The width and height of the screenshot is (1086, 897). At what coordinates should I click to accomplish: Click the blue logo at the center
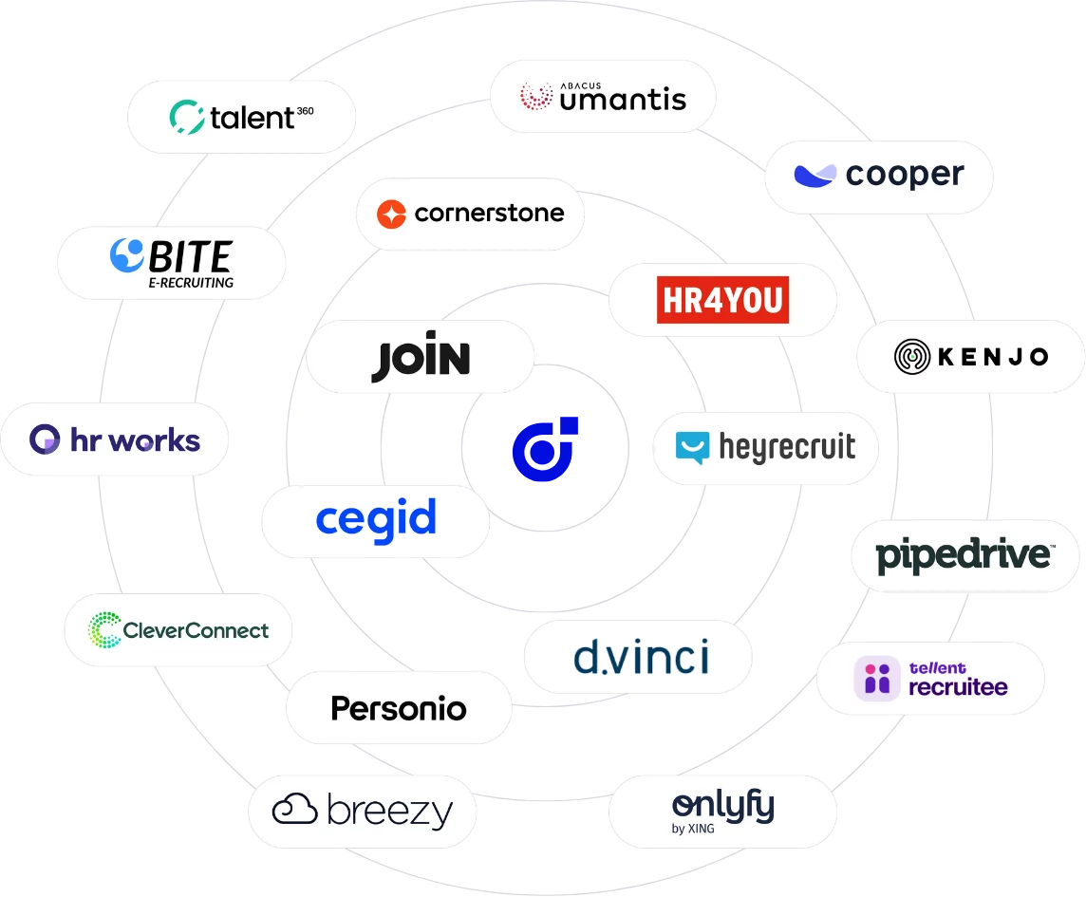[545, 449]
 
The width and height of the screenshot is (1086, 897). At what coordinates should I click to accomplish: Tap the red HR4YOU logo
[722, 300]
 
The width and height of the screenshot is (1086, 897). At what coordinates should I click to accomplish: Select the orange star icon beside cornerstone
[391, 214]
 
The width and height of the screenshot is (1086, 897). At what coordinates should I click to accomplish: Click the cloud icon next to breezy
[294, 809]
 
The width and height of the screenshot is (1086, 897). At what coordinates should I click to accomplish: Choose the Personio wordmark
[399, 709]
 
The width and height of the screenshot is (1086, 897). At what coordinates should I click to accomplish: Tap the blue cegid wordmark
[376, 520]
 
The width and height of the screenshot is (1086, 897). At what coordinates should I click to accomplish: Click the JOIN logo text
[421, 357]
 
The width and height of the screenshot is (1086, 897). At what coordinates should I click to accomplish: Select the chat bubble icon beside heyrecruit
[693, 447]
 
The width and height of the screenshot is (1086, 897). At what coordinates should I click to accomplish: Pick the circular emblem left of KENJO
[912, 357]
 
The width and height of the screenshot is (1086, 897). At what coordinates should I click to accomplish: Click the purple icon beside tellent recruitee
[877, 679]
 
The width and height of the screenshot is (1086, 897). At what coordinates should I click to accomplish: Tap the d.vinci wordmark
[642, 658]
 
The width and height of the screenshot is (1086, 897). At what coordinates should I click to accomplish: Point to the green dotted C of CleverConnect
[104, 629]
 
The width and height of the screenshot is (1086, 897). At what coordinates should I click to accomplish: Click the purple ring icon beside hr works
[45, 439]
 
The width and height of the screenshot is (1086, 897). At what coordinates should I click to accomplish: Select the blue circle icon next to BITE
[127, 255]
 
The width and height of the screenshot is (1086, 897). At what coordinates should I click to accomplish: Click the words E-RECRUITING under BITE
[191, 283]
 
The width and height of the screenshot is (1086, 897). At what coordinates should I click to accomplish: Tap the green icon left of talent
[187, 117]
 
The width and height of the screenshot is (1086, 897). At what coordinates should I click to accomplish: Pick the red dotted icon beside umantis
[536, 96]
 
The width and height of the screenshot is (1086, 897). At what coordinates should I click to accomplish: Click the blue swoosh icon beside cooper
[815, 176]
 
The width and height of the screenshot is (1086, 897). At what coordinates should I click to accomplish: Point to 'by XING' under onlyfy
[693, 829]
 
